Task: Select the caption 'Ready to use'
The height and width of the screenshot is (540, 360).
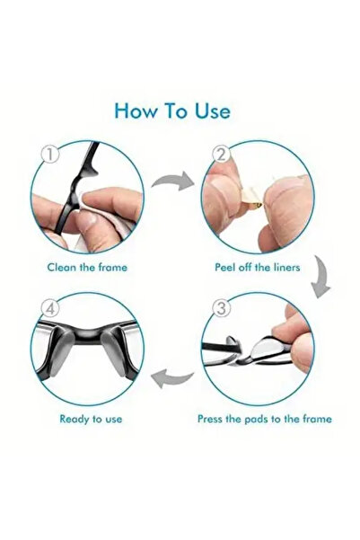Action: click(x=90, y=419)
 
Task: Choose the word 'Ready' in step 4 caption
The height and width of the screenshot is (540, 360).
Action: click(x=74, y=419)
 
